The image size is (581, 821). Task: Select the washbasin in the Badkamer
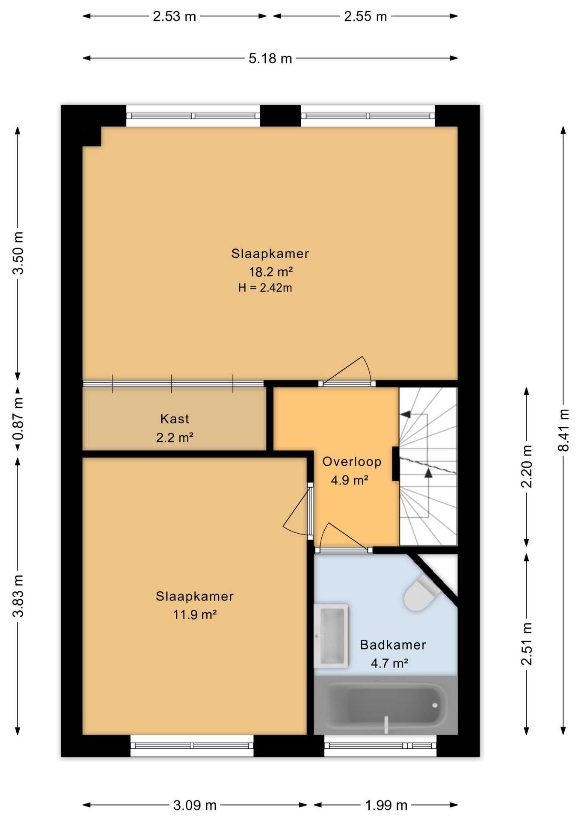click(x=331, y=636)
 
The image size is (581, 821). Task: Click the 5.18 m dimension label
click(x=270, y=58)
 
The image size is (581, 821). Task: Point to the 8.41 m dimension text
click(x=563, y=430)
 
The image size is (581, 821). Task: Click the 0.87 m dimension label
click(x=18, y=419)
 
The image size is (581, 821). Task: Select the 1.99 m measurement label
click(x=386, y=806)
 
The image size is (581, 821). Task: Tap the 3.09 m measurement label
click(x=195, y=806)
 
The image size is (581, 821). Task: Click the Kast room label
click(x=175, y=419)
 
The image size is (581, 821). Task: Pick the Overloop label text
click(x=352, y=461)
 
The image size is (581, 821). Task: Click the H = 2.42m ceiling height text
click(x=265, y=288)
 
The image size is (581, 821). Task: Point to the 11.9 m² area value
click(x=195, y=614)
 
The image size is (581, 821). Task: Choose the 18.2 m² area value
click(x=271, y=272)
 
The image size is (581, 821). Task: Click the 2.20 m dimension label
click(x=527, y=466)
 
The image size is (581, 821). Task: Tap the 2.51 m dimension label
click(x=527, y=644)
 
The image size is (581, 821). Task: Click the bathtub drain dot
click(x=435, y=705)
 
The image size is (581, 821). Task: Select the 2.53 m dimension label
click(x=175, y=16)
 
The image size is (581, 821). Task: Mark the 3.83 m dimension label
click(x=18, y=596)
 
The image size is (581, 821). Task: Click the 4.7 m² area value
click(x=389, y=663)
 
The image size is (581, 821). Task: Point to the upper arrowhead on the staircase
click(x=405, y=414)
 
